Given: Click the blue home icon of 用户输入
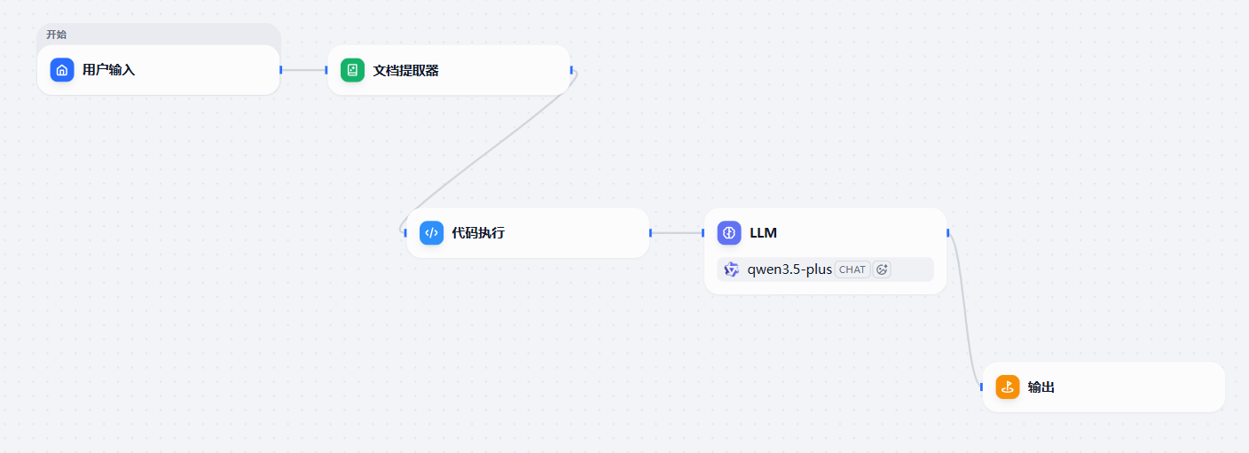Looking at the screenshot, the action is point(62,70).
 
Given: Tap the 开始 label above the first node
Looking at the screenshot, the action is point(56,35).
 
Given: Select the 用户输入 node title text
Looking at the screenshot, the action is point(109,70).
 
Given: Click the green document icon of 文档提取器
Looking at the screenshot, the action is point(352,70).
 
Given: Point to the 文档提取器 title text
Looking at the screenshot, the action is point(406,71).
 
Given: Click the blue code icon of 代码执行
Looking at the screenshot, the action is point(432,233).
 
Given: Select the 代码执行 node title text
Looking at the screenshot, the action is point(478,233).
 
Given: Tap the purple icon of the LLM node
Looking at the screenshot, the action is point(729,233).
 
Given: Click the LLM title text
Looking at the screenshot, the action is point(764,233).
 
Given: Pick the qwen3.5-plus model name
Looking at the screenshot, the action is point(789,269).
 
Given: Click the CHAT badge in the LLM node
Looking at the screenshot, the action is point(852,269).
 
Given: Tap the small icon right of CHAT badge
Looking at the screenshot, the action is point(882,269).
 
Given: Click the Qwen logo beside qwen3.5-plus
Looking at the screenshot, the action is point(732,269).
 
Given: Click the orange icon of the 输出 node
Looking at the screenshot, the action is point(1008,387).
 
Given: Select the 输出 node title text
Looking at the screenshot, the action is point(1041,387).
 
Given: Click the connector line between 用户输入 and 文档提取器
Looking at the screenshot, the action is point(304,70).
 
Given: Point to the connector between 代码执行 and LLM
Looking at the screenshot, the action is point(677,233).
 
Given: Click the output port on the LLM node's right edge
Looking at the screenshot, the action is point(948,233).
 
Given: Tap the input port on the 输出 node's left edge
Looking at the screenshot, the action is point(981,387).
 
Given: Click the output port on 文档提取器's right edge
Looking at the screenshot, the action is point(571,70).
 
